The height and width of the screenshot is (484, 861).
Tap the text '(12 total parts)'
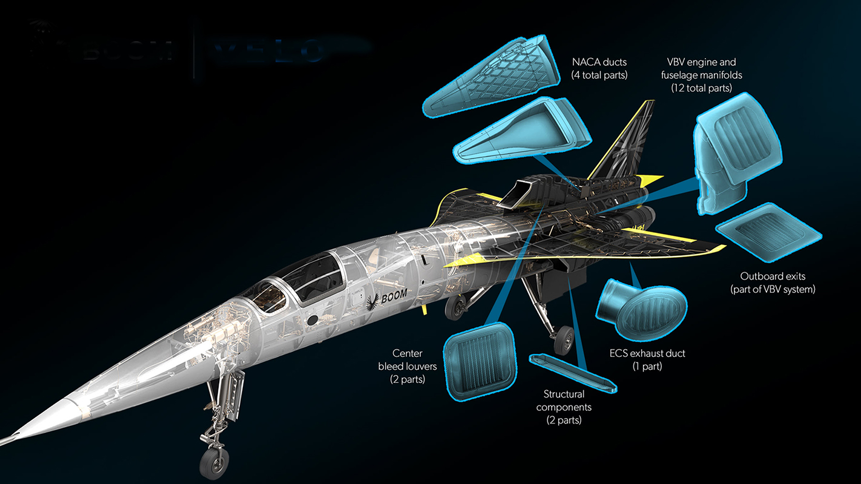point(701,88)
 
